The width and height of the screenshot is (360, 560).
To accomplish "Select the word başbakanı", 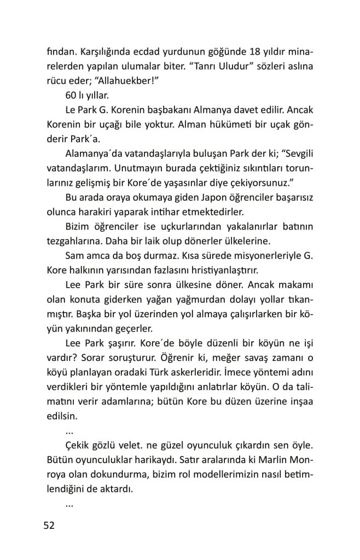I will [176, 109].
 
